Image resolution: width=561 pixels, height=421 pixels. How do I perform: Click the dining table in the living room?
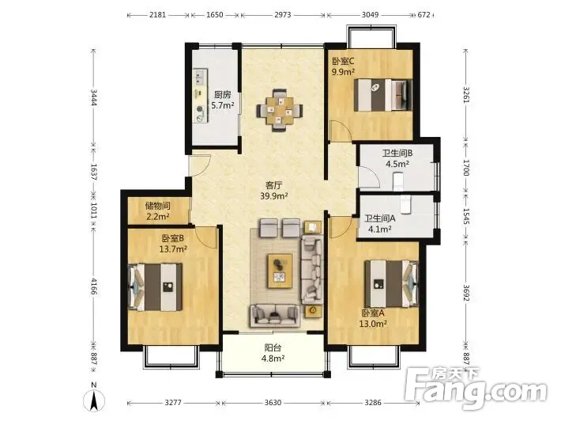[280, 110]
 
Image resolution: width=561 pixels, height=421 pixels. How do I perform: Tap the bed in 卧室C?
[383, 95]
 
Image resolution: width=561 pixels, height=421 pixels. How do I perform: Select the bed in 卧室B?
[156, 287]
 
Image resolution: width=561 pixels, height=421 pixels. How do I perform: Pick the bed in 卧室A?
[391, 283]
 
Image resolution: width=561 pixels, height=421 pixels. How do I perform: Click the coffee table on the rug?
[280, 271]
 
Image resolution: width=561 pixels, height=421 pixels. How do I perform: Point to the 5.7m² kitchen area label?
[223, 105]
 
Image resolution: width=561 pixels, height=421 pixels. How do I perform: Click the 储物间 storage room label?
[158, 206]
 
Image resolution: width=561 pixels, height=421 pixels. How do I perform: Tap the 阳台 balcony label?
[273, 347]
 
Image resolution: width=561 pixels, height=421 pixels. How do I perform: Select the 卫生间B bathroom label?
[397, 154]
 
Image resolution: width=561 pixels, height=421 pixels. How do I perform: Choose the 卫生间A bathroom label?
[380, 218]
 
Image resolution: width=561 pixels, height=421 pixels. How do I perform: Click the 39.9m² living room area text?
[274, 196]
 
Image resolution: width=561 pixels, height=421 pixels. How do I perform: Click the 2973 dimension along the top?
[283, 15]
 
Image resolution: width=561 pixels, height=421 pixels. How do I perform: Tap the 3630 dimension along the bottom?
[273, 403]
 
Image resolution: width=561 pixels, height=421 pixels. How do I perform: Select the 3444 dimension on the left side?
[94, 97]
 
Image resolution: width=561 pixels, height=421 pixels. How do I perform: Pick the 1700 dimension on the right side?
[465, 168]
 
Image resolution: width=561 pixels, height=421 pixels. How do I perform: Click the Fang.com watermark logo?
[477, 389]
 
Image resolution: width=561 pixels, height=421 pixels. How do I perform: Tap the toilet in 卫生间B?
[398, 182]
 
